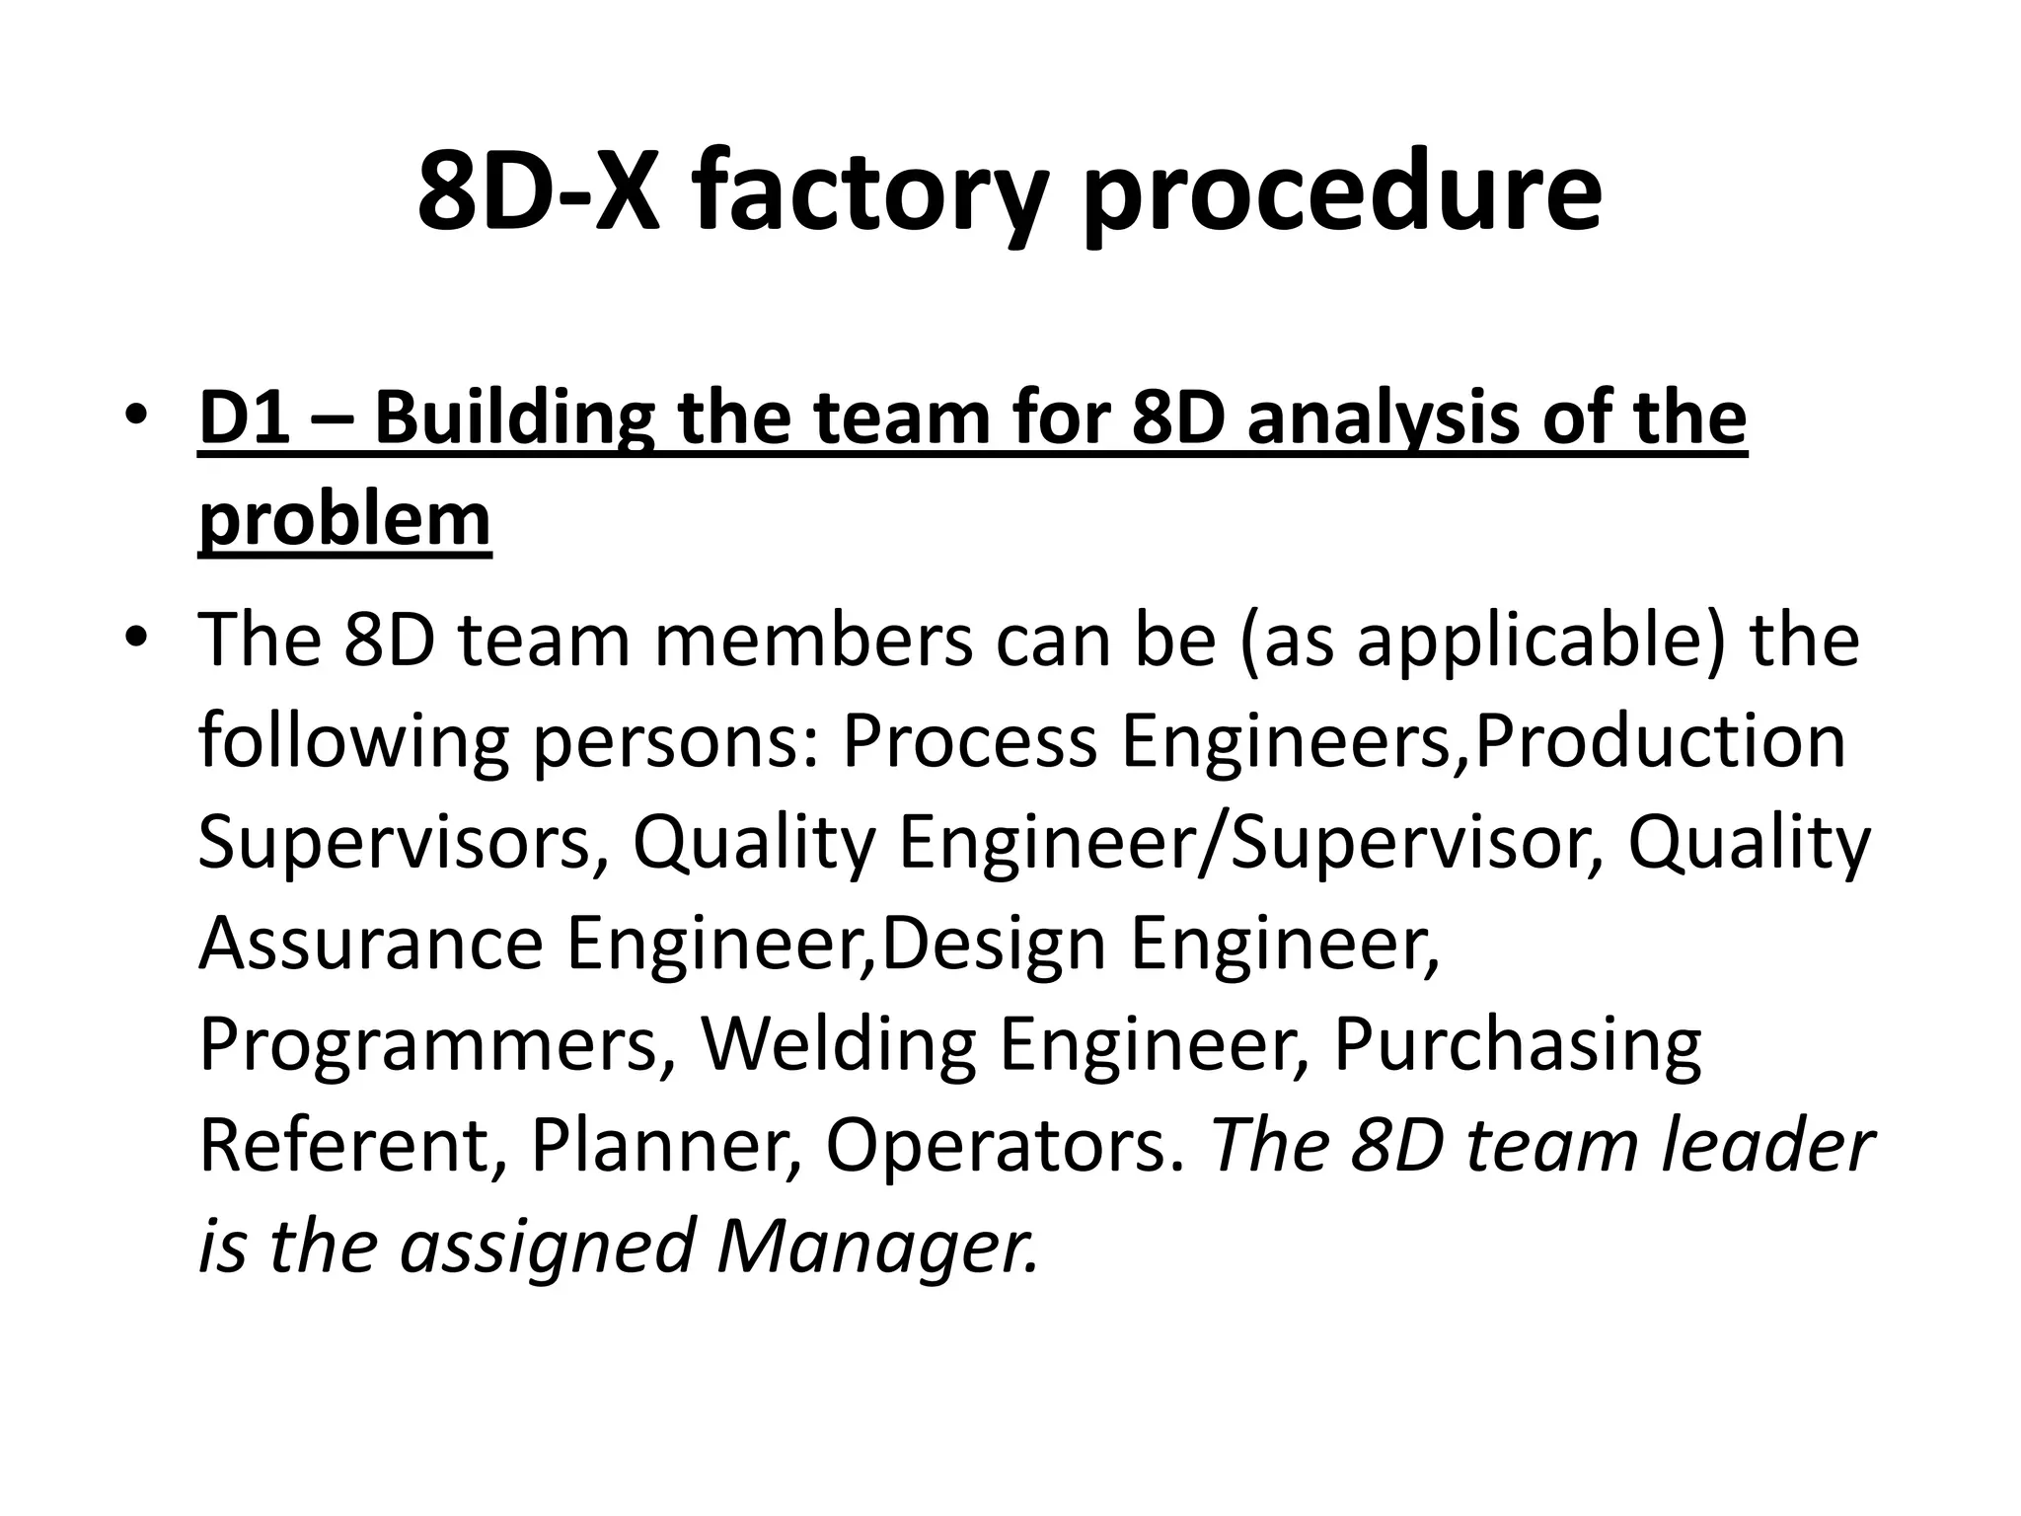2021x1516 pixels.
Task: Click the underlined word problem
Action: coord(344,520)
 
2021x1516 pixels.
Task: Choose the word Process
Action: coord(968,741)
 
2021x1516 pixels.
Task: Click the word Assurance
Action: coord(371,943)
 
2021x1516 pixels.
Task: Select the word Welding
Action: coord(838,1045)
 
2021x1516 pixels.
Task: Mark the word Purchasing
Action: coord(1518,1045)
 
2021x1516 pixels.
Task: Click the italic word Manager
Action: coord(878,1246)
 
